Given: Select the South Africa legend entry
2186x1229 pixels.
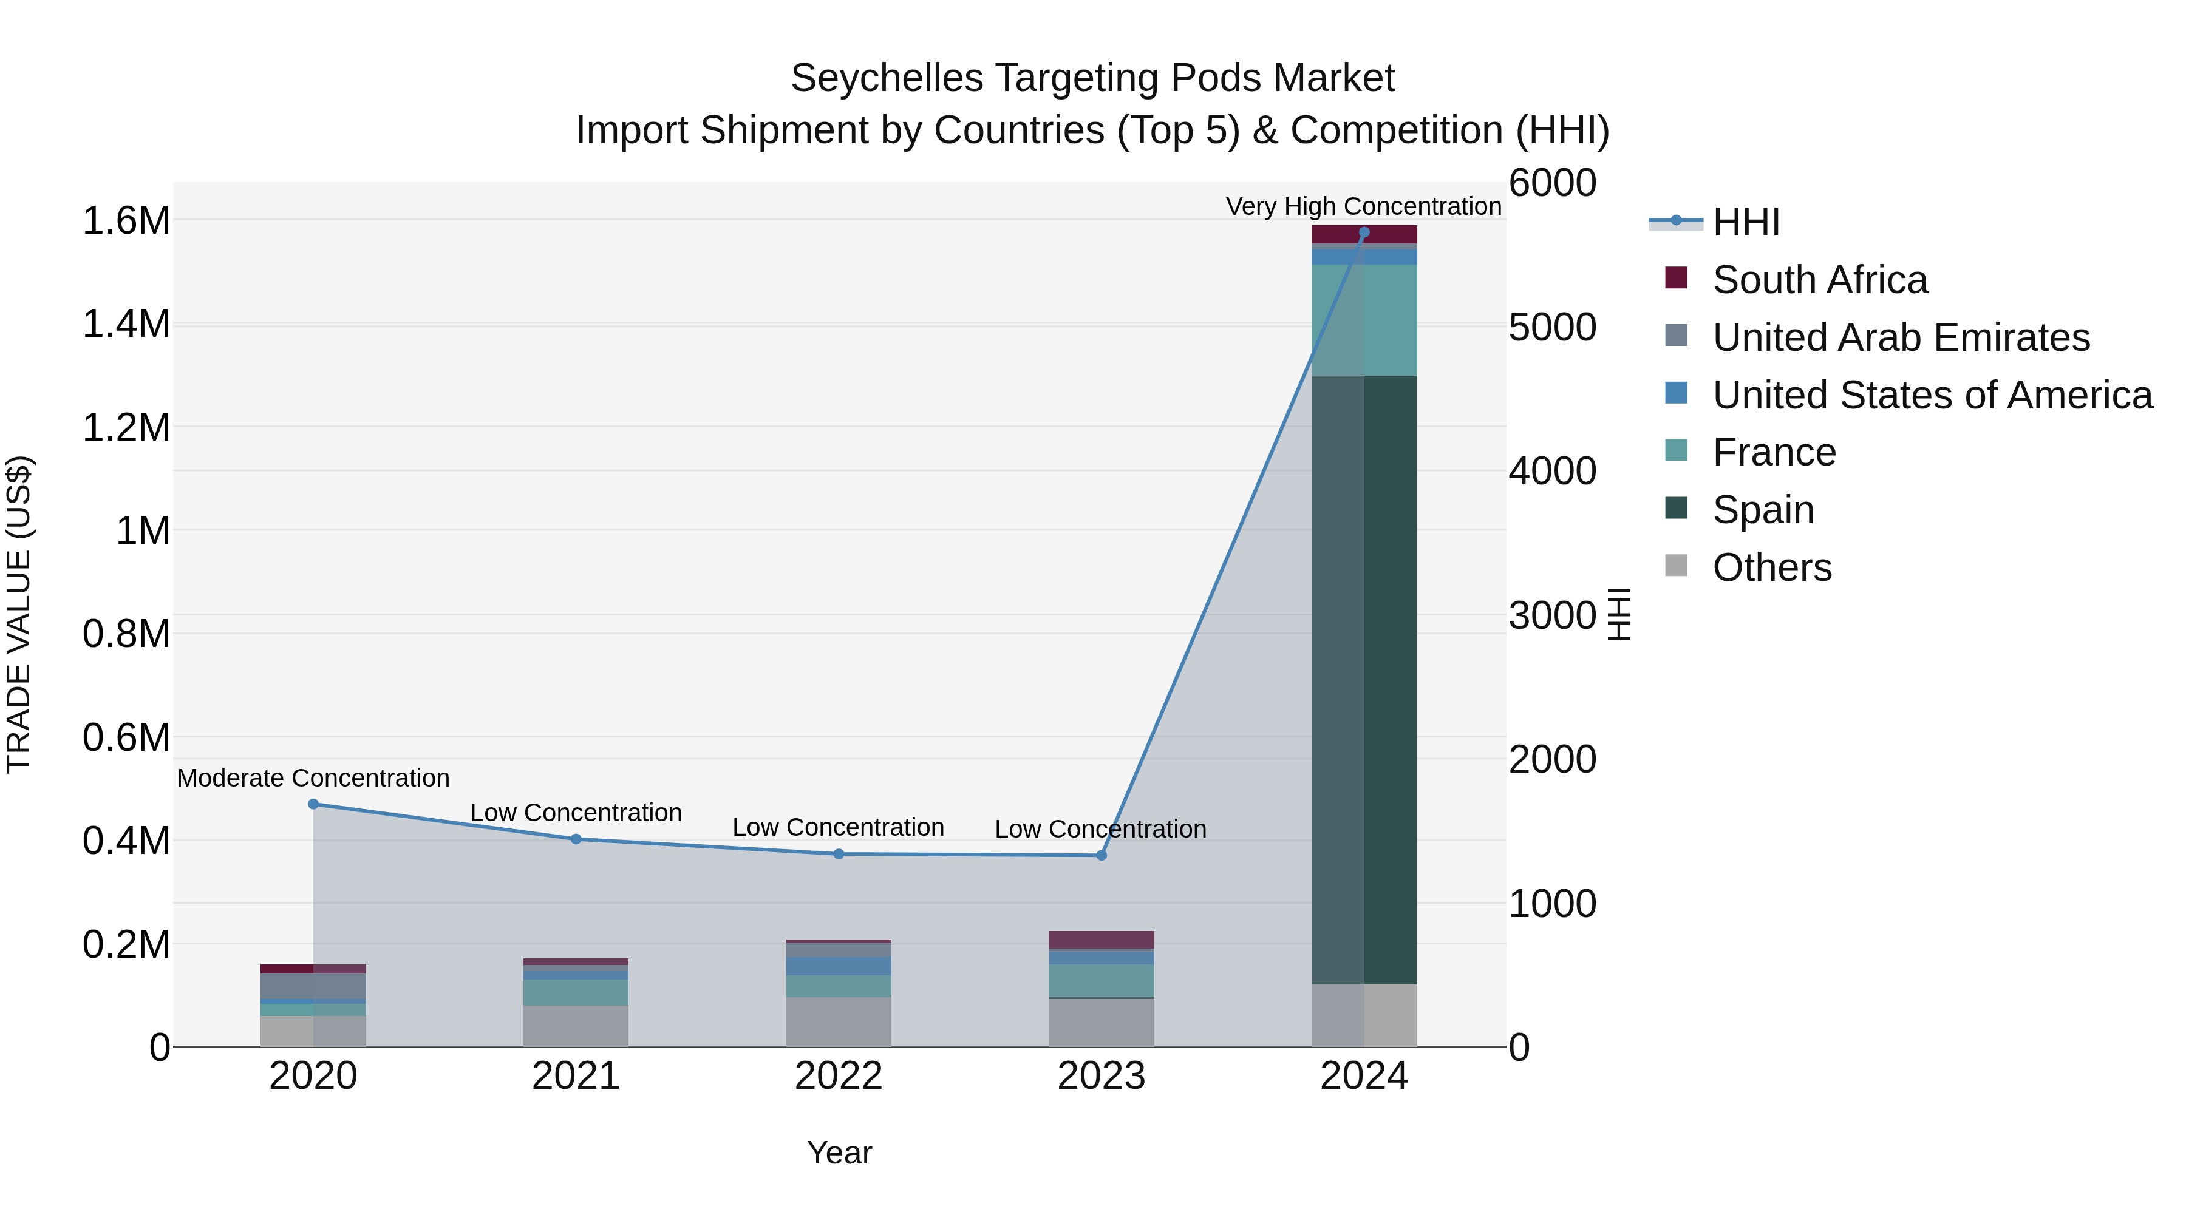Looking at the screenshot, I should point(1819,280).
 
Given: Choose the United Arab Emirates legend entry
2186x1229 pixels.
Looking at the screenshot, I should point(1901,337).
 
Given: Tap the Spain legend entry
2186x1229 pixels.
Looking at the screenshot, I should point(1763,510).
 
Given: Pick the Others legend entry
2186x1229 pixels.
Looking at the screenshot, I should point(1772,567).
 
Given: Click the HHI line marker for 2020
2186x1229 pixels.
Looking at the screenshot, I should point(313,804).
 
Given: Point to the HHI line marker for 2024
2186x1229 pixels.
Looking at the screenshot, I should point(1364,232).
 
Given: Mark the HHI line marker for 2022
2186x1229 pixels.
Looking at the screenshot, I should point(839,854).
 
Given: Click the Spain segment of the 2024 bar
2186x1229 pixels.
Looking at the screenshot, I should point(1364,679).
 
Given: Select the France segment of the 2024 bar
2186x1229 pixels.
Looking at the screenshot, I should point(1364,320).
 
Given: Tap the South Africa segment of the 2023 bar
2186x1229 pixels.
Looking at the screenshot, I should point(1102,940).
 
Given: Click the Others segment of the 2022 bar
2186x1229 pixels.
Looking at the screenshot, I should point(839,1021).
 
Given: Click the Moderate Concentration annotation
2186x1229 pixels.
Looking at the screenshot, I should point(313,778).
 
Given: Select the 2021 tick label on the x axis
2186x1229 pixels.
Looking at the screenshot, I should point(576,1076).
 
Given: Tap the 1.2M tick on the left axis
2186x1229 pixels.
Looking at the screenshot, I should point(126,427).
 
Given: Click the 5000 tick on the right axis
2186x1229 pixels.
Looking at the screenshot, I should point(1552,327).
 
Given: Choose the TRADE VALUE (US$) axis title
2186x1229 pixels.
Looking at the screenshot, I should point(19,614).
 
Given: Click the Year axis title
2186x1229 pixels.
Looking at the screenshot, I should point(839,1153).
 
